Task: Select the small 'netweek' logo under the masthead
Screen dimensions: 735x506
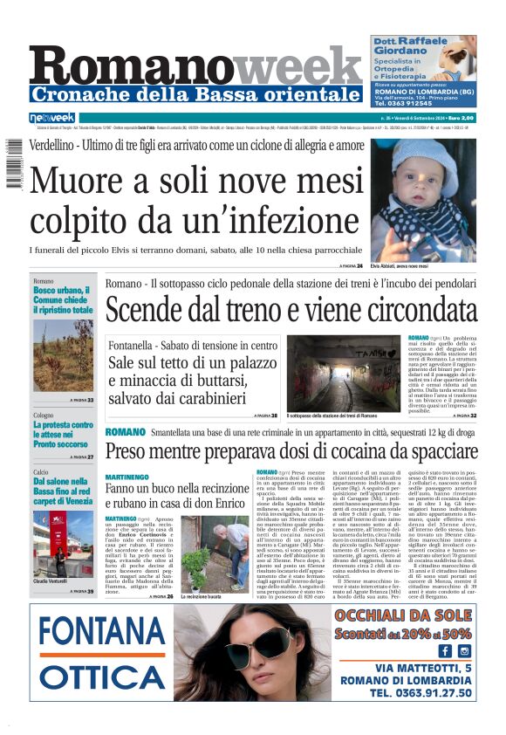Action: (x=52, y=118)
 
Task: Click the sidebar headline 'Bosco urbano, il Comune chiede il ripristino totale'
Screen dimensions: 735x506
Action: (x=63, y=300)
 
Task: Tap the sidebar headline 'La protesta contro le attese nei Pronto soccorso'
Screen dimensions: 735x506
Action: (x=63, y=435)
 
